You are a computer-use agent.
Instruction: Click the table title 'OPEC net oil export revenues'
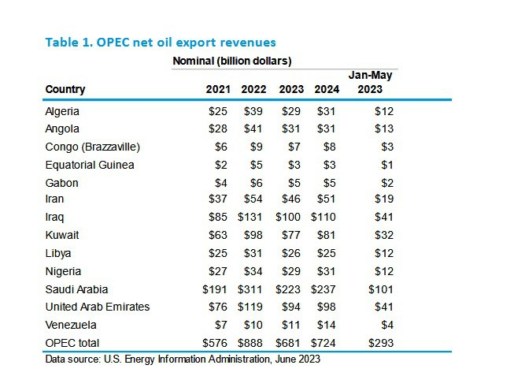pyautogui.click(x=161, y=42)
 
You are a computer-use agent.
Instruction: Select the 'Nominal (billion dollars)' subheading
pyautogui.click(x=232, y=61)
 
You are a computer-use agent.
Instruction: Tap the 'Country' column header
pyautogui.click(x=65, y=89)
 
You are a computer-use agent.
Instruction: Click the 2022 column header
pyautogui.click(x=253, y=89)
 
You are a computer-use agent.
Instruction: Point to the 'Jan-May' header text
pyautogui.click(x=370, y=75)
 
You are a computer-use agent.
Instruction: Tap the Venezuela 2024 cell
pyautogui.click(x=327, y=325)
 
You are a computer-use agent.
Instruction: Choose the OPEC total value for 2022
pyautogui.click(x=253, y=343)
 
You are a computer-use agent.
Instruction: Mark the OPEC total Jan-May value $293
pyautogui.click(x=380, y=343)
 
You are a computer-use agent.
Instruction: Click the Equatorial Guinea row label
pyautogui.click(x=90, y=165)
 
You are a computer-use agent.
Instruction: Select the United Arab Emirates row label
pyautogui.click(x=98, y=307)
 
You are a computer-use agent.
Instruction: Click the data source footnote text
pyautogui.click(x=183, y=360)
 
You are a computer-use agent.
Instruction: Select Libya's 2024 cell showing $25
pyautogui.click(x=327, y=253)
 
